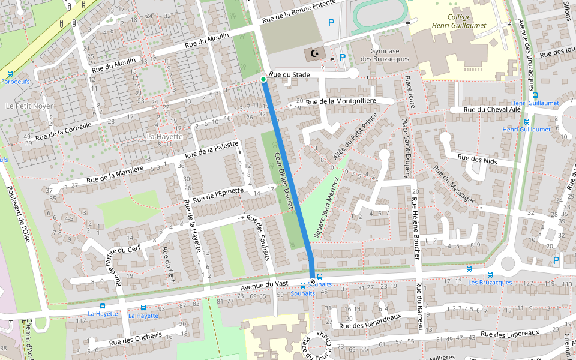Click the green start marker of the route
tap(263, 79)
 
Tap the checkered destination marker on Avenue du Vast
tap(312, 281)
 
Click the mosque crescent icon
tap(314, 54)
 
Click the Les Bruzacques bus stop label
tap(490, 282)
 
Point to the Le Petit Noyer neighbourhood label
tap(29, 106)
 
